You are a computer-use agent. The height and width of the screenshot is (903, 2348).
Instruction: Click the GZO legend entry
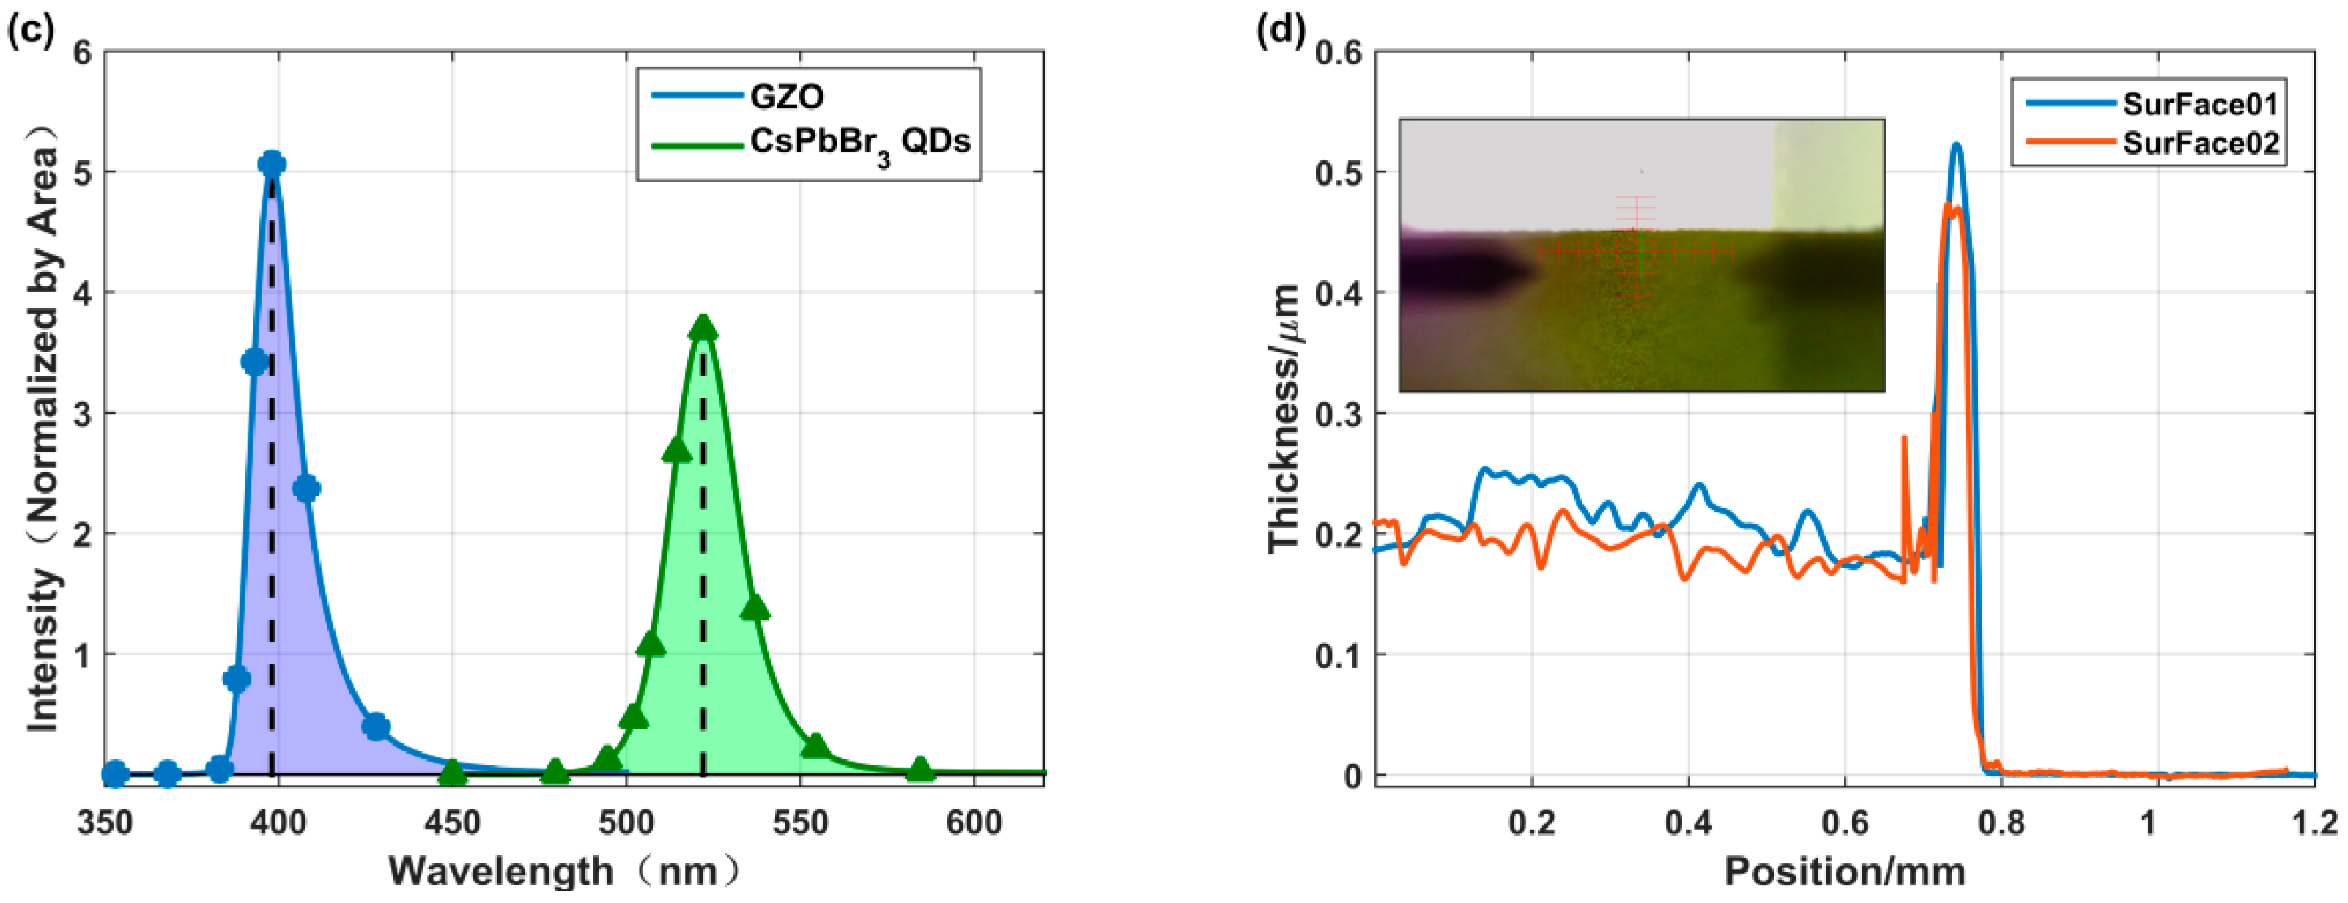pos(785,96)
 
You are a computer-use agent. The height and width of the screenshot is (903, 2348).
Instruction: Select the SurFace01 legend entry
pos(2199,104)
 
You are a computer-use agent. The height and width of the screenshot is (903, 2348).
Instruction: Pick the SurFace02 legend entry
pos(2199,143)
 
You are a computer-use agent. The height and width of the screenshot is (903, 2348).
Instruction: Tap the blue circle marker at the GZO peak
pos(272,164)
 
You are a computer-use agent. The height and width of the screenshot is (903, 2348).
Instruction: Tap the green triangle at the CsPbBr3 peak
pos(703,328)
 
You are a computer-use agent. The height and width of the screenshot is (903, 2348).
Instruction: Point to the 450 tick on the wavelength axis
pos(452,823)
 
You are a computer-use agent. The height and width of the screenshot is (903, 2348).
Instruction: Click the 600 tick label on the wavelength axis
pos(974,823)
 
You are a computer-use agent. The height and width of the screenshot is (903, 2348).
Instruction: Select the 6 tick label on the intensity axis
pos(84,53)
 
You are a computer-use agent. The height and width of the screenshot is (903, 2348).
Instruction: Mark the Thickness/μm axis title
pos(1284,417)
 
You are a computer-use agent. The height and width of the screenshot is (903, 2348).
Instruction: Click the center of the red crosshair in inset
pos(1636,253)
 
